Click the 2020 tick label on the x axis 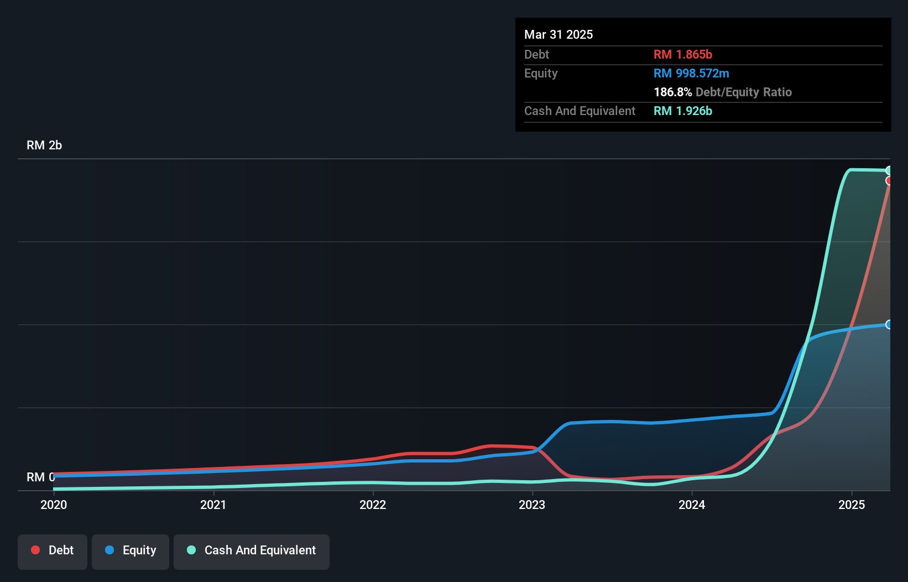tap(54, 505)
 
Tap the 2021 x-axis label tap(213, 505)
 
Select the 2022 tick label tap(373, 505)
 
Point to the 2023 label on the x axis tap(532, 505)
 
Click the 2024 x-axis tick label tap(692, 505)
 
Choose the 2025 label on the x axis tap(852, 505)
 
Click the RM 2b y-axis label tap(44, 145)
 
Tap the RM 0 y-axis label tap(40, 477)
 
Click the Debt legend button tap(53, 550)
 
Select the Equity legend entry tap(131, 550)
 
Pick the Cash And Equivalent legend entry tap(252, 550)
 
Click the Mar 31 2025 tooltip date tap(559, 34)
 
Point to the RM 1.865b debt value tap(683, 54)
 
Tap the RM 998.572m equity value tap(691, 73)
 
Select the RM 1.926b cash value tap(683, 111)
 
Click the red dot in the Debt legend tap(35, 550)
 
